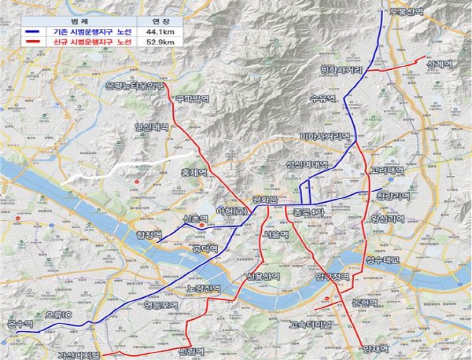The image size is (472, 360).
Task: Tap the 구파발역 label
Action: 194,99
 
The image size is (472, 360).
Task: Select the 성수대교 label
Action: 383,259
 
